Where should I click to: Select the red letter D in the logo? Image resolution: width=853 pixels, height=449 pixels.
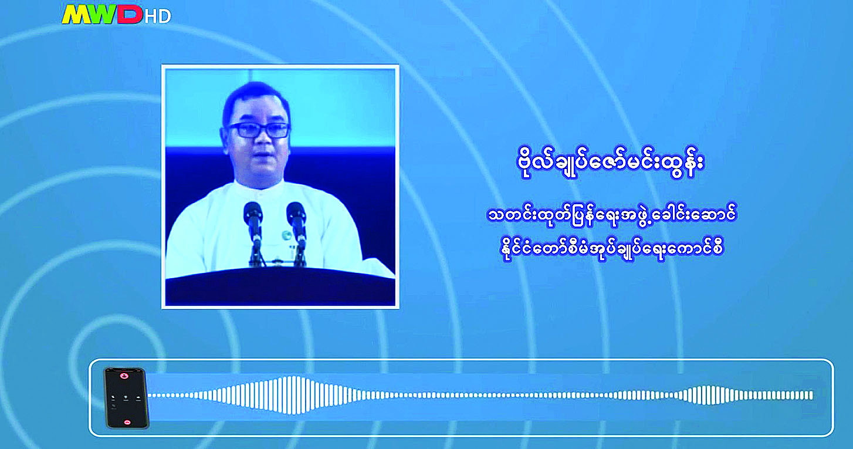coord(130,15)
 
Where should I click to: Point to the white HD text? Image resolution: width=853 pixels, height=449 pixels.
coord(158,16)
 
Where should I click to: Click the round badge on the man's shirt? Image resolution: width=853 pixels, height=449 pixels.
coord(286,235)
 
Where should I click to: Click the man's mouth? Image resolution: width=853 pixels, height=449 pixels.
coord(264,156)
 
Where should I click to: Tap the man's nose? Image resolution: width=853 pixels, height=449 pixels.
coord(263,140)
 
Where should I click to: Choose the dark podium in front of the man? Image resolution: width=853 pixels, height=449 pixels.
coord(280,286)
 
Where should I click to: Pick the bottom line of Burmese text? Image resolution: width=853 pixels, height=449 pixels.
coord(612,249)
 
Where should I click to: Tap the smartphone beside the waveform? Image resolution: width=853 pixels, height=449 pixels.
coord(127,398)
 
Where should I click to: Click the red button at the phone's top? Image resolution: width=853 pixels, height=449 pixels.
coord(124,376)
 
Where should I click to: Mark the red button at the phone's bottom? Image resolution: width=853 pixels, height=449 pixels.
coord(127,422)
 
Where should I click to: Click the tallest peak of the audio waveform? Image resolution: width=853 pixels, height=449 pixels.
coord(292,396)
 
